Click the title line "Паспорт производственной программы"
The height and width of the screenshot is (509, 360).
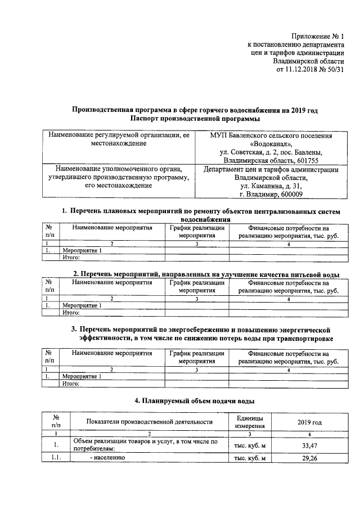click(x=194, y=119)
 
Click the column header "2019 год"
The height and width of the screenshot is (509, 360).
click(x=309, y=422)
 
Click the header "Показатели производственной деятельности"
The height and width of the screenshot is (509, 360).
click(x=149, y=422)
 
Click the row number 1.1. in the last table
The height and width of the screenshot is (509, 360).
click(x=56, y=458)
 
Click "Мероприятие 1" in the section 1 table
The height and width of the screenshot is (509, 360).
click(x=82, y=250)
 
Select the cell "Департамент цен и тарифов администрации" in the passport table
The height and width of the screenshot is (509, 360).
click(x=270, y=169)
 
